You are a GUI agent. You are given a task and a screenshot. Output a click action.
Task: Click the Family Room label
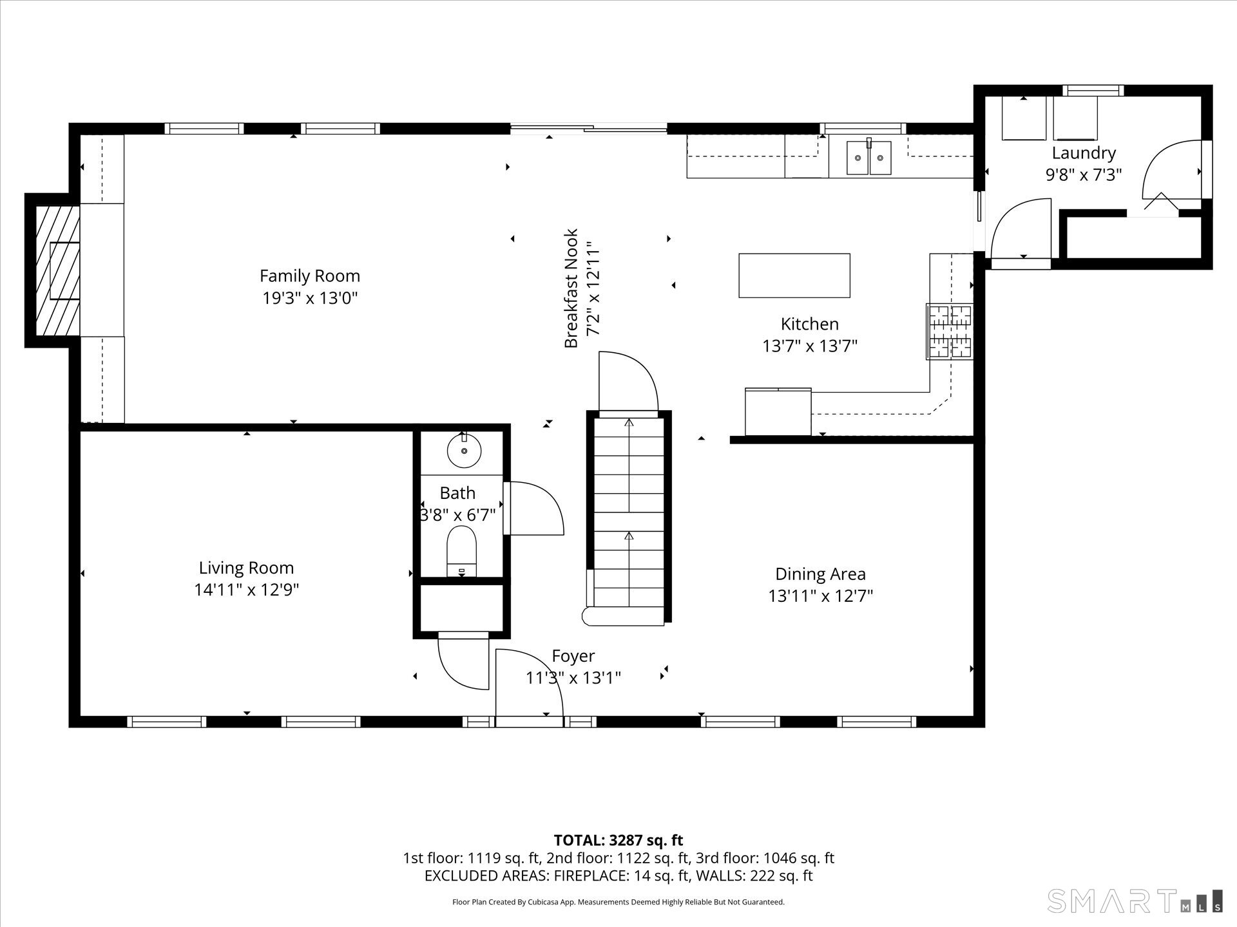(309, 276)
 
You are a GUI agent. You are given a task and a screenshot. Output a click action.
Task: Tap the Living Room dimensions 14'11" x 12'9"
(247, 590)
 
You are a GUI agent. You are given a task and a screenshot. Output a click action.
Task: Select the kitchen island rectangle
(794, 276)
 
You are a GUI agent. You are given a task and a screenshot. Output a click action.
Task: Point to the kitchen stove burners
(950, 332)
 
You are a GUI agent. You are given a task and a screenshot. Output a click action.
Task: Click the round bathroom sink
(464, 451)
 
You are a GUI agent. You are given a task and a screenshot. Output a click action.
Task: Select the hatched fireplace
(57, 270)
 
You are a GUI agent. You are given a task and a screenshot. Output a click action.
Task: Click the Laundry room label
(1084, 153)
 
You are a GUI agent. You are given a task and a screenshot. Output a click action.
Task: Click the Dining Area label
(820, 574)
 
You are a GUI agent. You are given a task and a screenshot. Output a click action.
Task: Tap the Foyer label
(573, 656)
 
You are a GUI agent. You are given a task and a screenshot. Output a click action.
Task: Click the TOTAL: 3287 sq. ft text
(618, 840)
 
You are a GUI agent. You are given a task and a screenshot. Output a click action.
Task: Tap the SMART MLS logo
(1134, 901)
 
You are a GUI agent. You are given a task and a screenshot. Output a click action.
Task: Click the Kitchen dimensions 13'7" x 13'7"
(810, 346)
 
